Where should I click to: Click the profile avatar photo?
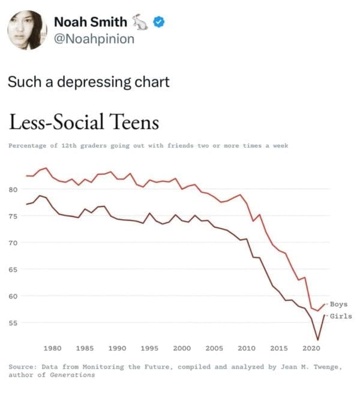[x=27, y=30]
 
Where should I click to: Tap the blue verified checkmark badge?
[x=159, y=23]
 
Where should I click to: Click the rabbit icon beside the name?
[x=140, y=23]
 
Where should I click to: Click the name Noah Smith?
[x=91, y=22]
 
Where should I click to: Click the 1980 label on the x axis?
[x=53, y=348]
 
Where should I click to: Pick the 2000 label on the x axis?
[x=182, y=348]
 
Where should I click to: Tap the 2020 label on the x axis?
[x=311, y=348]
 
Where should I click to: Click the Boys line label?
[x=339, y=305]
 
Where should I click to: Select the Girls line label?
[x=340, y=316]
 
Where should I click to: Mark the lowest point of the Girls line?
[x=317, y=340]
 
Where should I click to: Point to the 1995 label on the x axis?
[x=149, y=348]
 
